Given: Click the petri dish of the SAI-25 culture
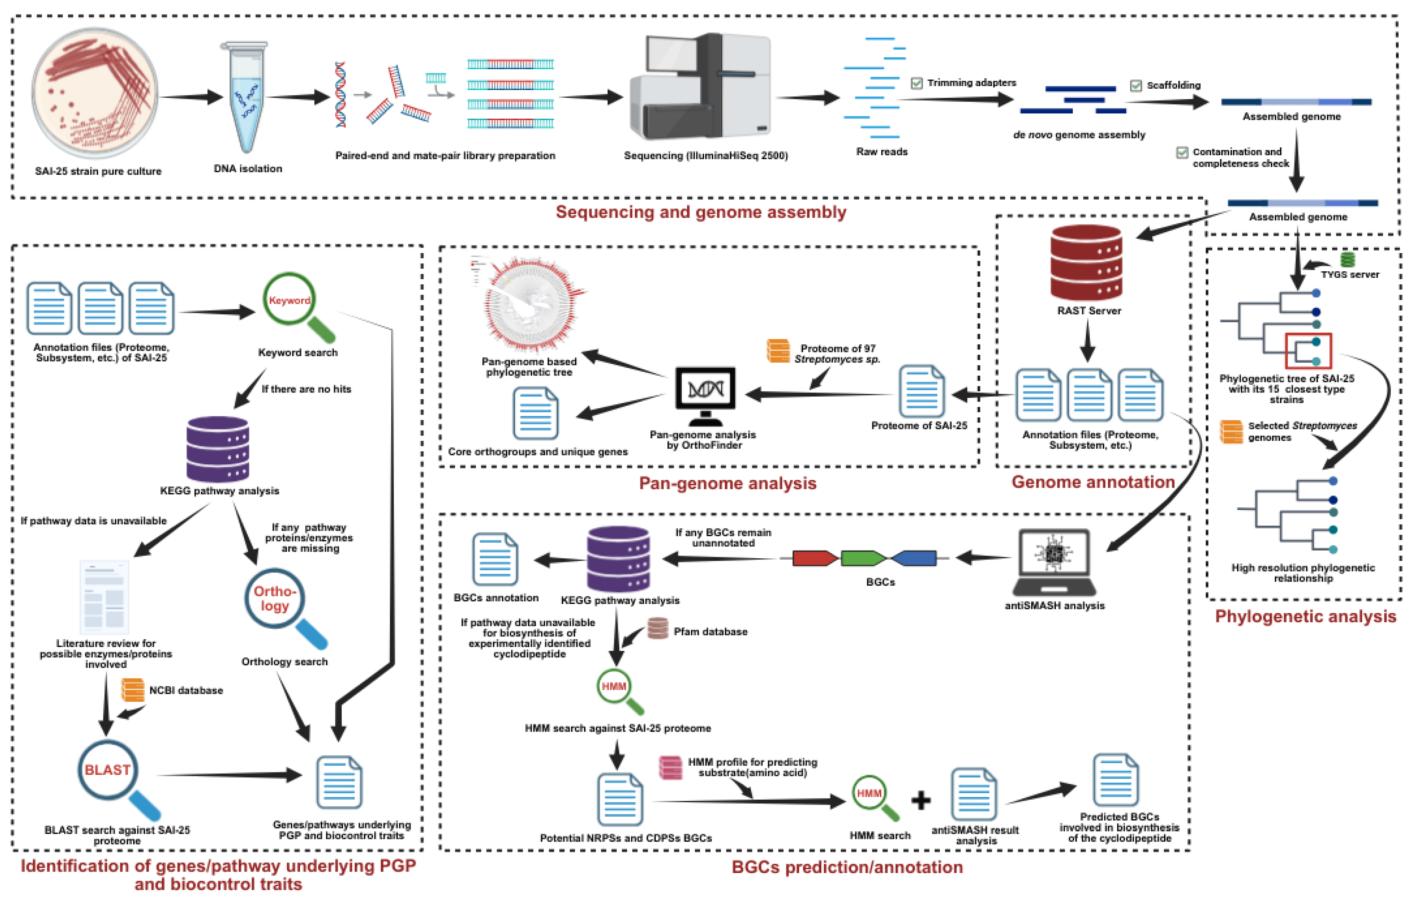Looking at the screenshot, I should (95, 94).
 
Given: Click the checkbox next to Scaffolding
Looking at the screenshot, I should (1136, 86).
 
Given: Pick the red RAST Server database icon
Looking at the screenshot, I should (1086, 263).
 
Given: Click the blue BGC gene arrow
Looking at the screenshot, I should (914, 558).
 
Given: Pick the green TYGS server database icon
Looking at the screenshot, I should (1348, 259).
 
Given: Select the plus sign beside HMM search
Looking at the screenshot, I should (921, 800).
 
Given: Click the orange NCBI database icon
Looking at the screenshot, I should (133, 690).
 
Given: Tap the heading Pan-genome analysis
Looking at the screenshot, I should (727, 483).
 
